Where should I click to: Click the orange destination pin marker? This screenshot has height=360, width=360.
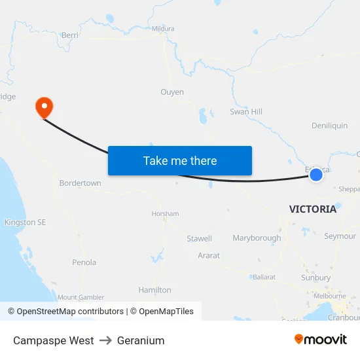click(44, 106)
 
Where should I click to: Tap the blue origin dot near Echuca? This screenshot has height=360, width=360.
click(316, 174)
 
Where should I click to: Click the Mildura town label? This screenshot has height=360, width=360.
click(163, 29)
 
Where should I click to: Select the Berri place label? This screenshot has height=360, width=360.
click(69, 35)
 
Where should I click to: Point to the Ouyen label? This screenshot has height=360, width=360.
click(172, 92)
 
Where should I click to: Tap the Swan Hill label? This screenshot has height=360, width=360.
click(246, 112)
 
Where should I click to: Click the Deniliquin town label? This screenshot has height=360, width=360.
click(330, 126)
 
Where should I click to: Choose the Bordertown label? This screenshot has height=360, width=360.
click(81, 183)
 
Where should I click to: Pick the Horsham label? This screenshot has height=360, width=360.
click(165, 214)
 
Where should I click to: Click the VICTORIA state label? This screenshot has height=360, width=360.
click(313, 209)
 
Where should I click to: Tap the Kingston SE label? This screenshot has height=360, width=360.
click(25, 223)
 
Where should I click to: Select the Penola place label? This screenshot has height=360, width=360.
click(84, 262)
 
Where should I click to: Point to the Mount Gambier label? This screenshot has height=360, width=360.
click(81, 297)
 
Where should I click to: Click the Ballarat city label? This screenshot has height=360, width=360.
click(264, 278)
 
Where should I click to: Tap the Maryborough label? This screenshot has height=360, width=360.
click(257, 238)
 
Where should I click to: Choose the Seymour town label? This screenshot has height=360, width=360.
click(340, 236)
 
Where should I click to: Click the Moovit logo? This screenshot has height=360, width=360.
click(321, 340)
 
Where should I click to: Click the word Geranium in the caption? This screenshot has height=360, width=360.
click(141, 340)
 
